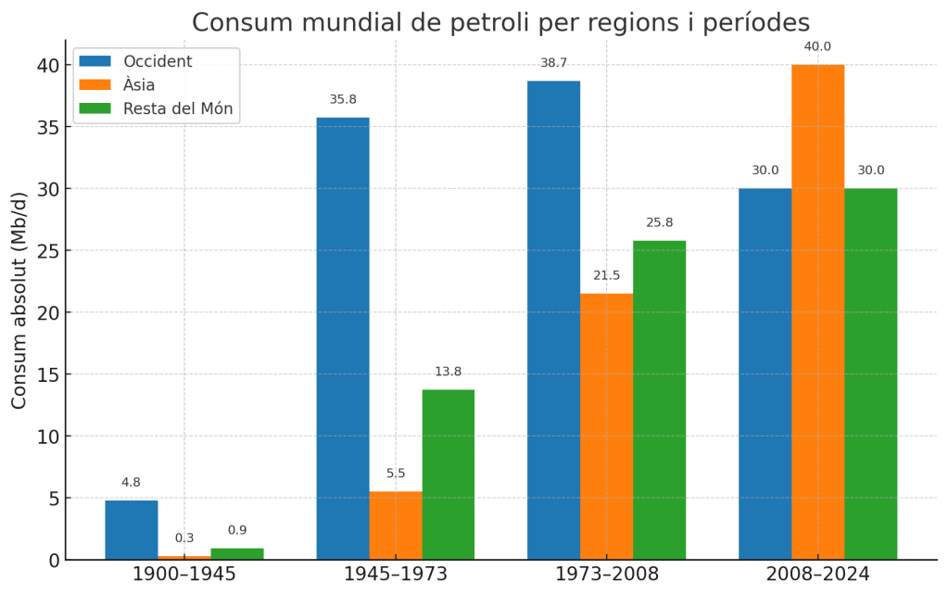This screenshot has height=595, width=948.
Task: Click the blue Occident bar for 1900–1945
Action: pos(131,530)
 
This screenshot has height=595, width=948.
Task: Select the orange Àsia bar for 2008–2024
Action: pos(817,312)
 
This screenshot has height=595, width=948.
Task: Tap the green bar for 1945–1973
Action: pos(449,475)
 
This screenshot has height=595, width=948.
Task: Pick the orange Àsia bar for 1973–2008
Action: pos(606,426)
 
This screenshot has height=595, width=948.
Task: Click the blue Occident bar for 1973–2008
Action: pos(553,320)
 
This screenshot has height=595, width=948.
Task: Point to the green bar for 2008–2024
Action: pos(870,373)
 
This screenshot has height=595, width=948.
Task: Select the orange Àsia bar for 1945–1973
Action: pos(396,525)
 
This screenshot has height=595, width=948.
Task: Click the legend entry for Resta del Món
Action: pos(178,109)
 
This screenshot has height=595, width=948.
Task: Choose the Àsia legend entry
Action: pos(139,85)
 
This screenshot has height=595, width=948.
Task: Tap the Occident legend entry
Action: pos(158,61)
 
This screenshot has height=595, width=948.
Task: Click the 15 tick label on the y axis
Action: pos(48,374)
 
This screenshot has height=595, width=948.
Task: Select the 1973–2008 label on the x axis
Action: pos(607,575)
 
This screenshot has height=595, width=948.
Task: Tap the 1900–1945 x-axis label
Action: pos(184,575)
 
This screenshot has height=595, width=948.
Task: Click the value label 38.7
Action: pos(554,63)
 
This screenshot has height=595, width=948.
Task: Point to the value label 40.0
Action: pos(817,46)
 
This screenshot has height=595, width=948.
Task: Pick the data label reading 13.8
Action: pos(449,372)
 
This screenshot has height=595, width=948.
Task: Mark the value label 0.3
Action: pos(184,538)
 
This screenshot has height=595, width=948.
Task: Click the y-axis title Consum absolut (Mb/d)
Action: pos(19,300)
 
